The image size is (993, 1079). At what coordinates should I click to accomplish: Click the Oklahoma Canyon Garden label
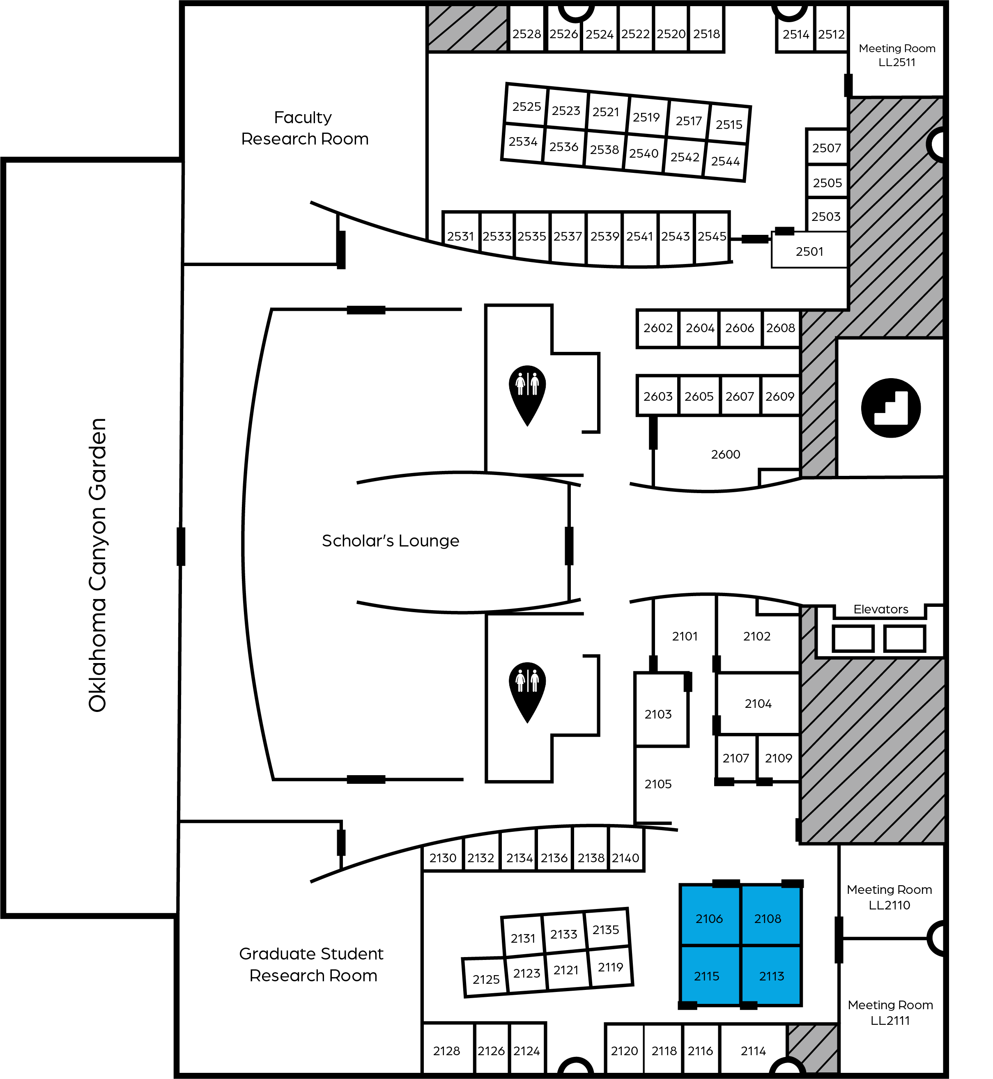[x=97, y=565]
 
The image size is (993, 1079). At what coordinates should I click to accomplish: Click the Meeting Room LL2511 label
[x=897, y=55]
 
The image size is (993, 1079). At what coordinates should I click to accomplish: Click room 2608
[x=781, y=328]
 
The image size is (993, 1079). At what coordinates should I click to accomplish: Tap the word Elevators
[x=881, y=609]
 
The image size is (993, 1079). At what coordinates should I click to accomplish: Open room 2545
[x=712, y=237]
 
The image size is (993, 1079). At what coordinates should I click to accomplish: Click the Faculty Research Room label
[x=305, y=128]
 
